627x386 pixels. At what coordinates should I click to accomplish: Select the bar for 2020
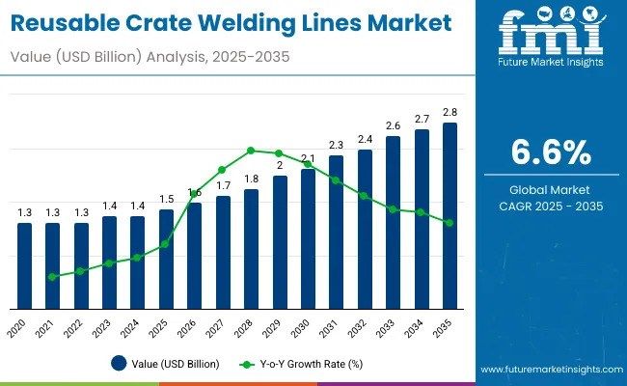[x=25, y=265]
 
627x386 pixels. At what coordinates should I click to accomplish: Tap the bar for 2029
[x=280, y=241]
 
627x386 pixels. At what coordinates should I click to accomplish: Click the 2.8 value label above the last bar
[x=450, y=113]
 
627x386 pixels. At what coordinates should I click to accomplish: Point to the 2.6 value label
[x=393, y=126]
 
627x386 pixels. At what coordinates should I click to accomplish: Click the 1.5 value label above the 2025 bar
[x=167, y=199]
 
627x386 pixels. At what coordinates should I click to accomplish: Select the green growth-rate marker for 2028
[x=251, y=151]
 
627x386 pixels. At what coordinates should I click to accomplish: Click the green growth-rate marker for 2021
[x=52, y=276]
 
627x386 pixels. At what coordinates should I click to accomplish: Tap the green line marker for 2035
[x=450, y=223]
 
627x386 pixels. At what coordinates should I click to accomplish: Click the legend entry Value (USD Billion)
[x=165, y=364]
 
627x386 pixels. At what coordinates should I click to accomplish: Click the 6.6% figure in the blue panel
[x=551, y=153]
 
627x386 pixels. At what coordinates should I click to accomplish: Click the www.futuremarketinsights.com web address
[x=550, y=370]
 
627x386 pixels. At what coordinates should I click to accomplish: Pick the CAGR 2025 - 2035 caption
[x=551, y=207]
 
